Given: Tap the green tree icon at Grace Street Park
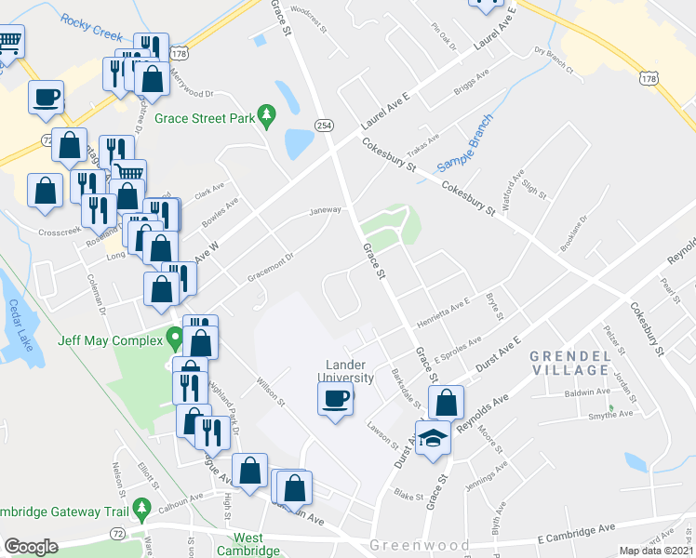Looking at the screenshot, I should pyautogui.click(x=268, y=116).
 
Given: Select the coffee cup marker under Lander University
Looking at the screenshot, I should pyautogui.click(x=335, y=399).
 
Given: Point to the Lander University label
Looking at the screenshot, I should pyautogui.click(x=349, y=371).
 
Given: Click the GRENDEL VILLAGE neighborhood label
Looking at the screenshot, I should pyautogui.click(x=569, y=363).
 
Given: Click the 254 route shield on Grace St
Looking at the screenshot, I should pyautogui.click(x=324, y=125).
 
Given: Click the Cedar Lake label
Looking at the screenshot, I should pyautogui.click(x=20, y=325).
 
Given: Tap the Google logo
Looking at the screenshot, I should pyautogui.click(x=31, y=547).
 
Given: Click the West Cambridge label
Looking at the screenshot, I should pyautogui.click(x=248, y=544).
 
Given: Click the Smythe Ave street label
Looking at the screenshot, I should pyautogui.click(x=610, y=413).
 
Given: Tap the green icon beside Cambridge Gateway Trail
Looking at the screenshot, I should pyautogui.click(x=141, y=509).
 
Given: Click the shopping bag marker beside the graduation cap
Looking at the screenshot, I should pyautogui.click(x=447, y=402).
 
